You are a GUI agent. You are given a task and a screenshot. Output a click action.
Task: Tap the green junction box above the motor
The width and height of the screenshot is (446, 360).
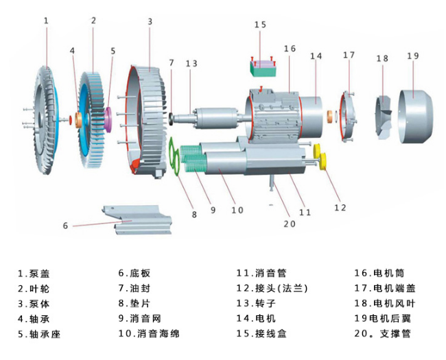point(264,67)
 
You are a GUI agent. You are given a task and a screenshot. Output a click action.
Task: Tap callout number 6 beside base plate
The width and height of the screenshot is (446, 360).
point(66,225)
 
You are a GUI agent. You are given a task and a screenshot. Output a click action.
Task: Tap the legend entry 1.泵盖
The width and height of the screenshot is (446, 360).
point(34,273)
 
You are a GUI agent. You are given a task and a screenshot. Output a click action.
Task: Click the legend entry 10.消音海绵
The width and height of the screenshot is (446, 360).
point(149,334)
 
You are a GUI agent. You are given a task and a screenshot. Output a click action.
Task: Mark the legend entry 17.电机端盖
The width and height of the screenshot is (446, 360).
point(385,288)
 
